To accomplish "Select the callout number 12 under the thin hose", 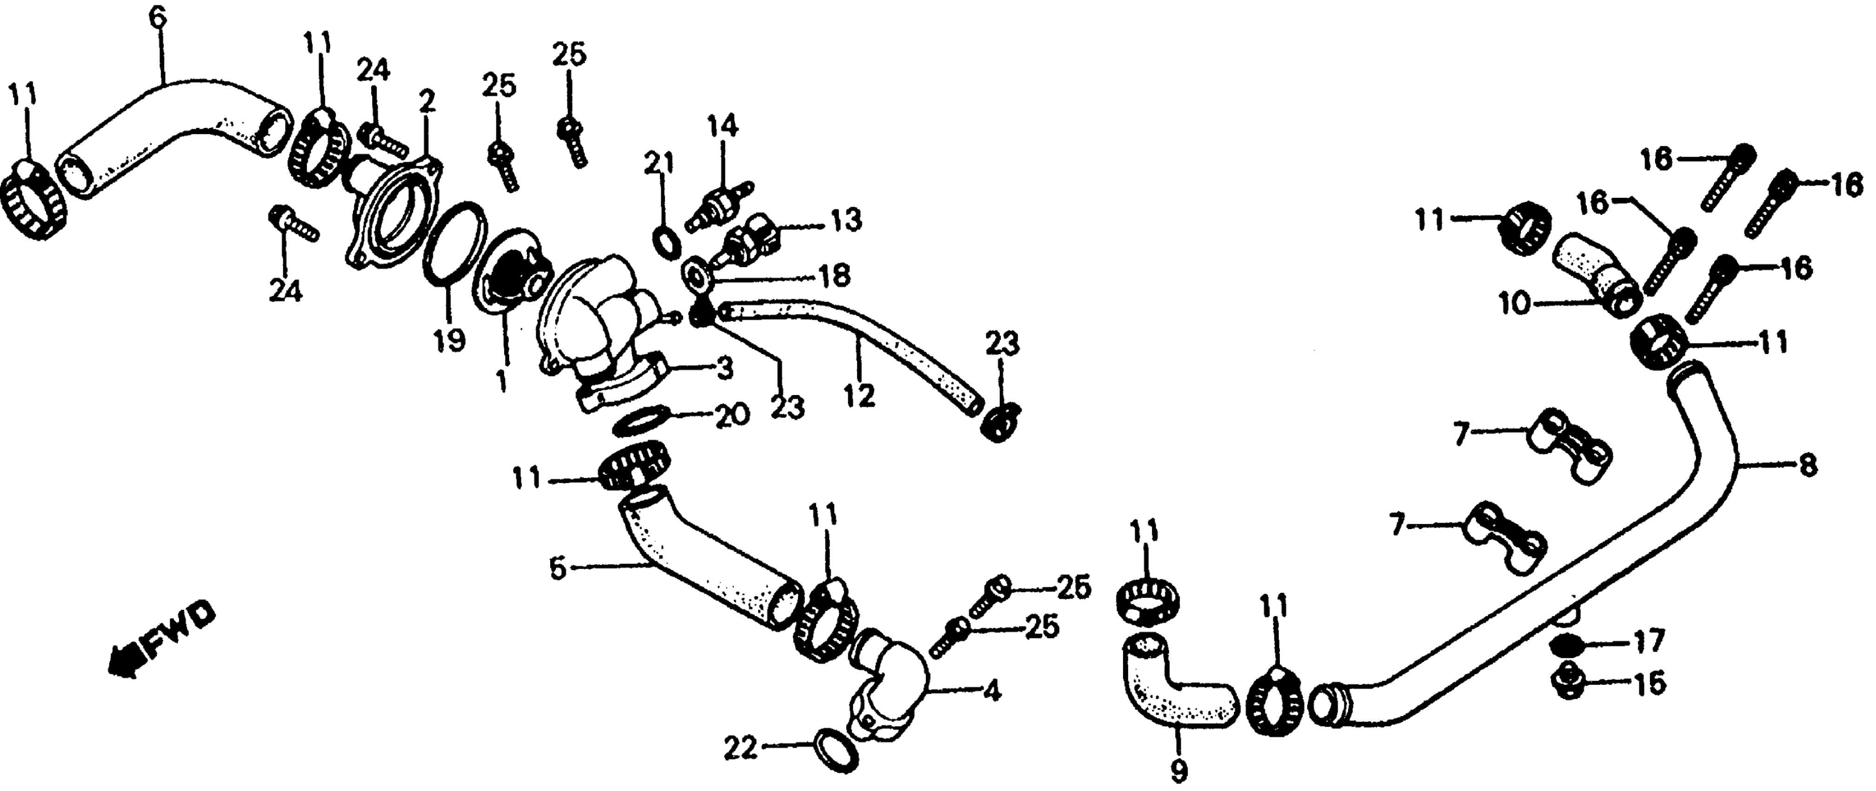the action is tap(859, 396).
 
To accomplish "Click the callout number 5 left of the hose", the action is tap(557, 568).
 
